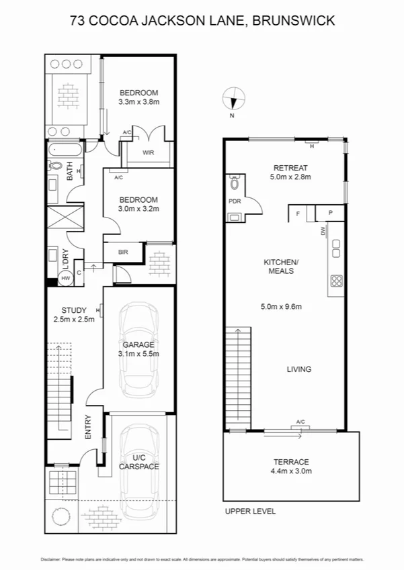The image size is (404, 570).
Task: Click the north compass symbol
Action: (233, 100)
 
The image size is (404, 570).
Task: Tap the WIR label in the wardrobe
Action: (149, 152)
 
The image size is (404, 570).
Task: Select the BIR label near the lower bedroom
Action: (123, 252)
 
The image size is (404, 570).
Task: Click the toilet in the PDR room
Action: (234, 183)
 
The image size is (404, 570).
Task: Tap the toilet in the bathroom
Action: (56, 165)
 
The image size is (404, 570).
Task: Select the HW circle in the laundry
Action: (66, 278)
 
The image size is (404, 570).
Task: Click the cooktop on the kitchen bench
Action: (335, 281)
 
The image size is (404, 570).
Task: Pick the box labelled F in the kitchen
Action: (297, 214)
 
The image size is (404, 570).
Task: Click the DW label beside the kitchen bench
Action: (323, 231)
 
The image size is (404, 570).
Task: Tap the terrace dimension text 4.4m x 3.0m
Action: (290, 471)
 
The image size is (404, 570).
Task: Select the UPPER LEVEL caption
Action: (250, 511)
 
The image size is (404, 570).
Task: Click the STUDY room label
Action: (74, 310)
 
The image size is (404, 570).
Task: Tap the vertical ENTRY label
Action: (88, 428)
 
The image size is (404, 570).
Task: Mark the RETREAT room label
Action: (290, 168)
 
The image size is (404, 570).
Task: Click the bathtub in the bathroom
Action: (65, 148)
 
